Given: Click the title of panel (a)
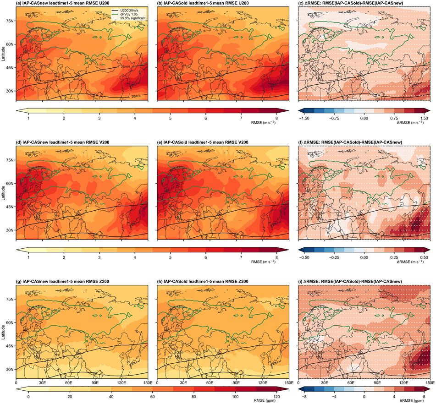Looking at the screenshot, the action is (63, 3).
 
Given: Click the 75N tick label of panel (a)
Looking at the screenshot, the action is (10, 21).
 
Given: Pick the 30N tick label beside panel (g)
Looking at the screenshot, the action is (10, 369).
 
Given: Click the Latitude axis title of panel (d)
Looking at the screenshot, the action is (3, 193).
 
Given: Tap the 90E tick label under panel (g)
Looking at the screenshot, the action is (95, 382).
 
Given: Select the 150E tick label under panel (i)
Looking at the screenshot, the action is (430, 382).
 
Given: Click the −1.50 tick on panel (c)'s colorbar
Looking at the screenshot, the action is (304, 118).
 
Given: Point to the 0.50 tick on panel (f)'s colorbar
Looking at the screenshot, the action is (424, 257).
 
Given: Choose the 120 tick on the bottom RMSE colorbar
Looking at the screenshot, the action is (276, 397).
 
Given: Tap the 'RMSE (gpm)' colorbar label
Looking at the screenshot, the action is (265, 401).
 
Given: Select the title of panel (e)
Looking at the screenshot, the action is (203, 142).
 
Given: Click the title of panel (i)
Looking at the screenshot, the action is (350, 281).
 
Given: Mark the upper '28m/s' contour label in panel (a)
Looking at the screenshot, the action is (125, 67).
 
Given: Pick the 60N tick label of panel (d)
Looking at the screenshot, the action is (10, 183).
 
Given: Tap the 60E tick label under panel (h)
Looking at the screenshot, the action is (210, 382).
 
